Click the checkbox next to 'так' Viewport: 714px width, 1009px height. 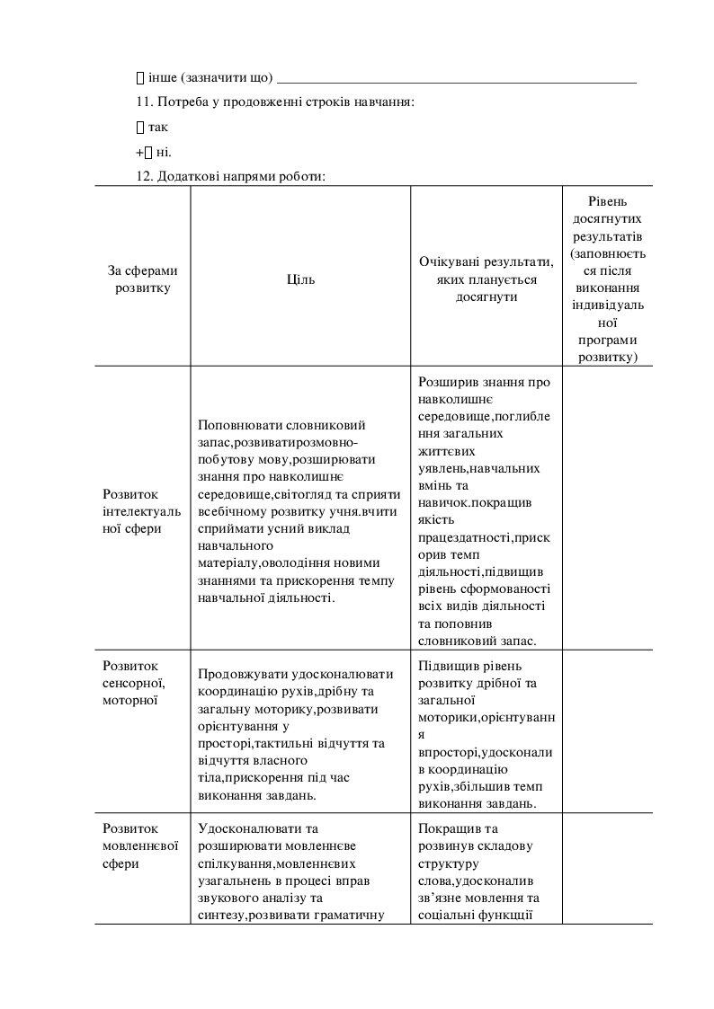click(x=140, y=128)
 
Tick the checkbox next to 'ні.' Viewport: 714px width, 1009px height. click(x=149, y=152)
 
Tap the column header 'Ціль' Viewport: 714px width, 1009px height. click(x=300, y=279)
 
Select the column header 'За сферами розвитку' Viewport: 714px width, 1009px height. click(x=142, y=279)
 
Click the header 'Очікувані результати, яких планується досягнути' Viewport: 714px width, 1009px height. click(x=486, y=279)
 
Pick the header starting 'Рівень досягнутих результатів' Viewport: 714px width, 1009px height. click(x=608, y=279)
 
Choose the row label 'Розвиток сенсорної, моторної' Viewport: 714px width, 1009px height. click(x=131, y=682)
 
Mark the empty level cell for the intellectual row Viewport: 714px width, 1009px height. click(x=608, y=508)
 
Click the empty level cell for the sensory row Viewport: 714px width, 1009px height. click(x=608, y=732)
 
